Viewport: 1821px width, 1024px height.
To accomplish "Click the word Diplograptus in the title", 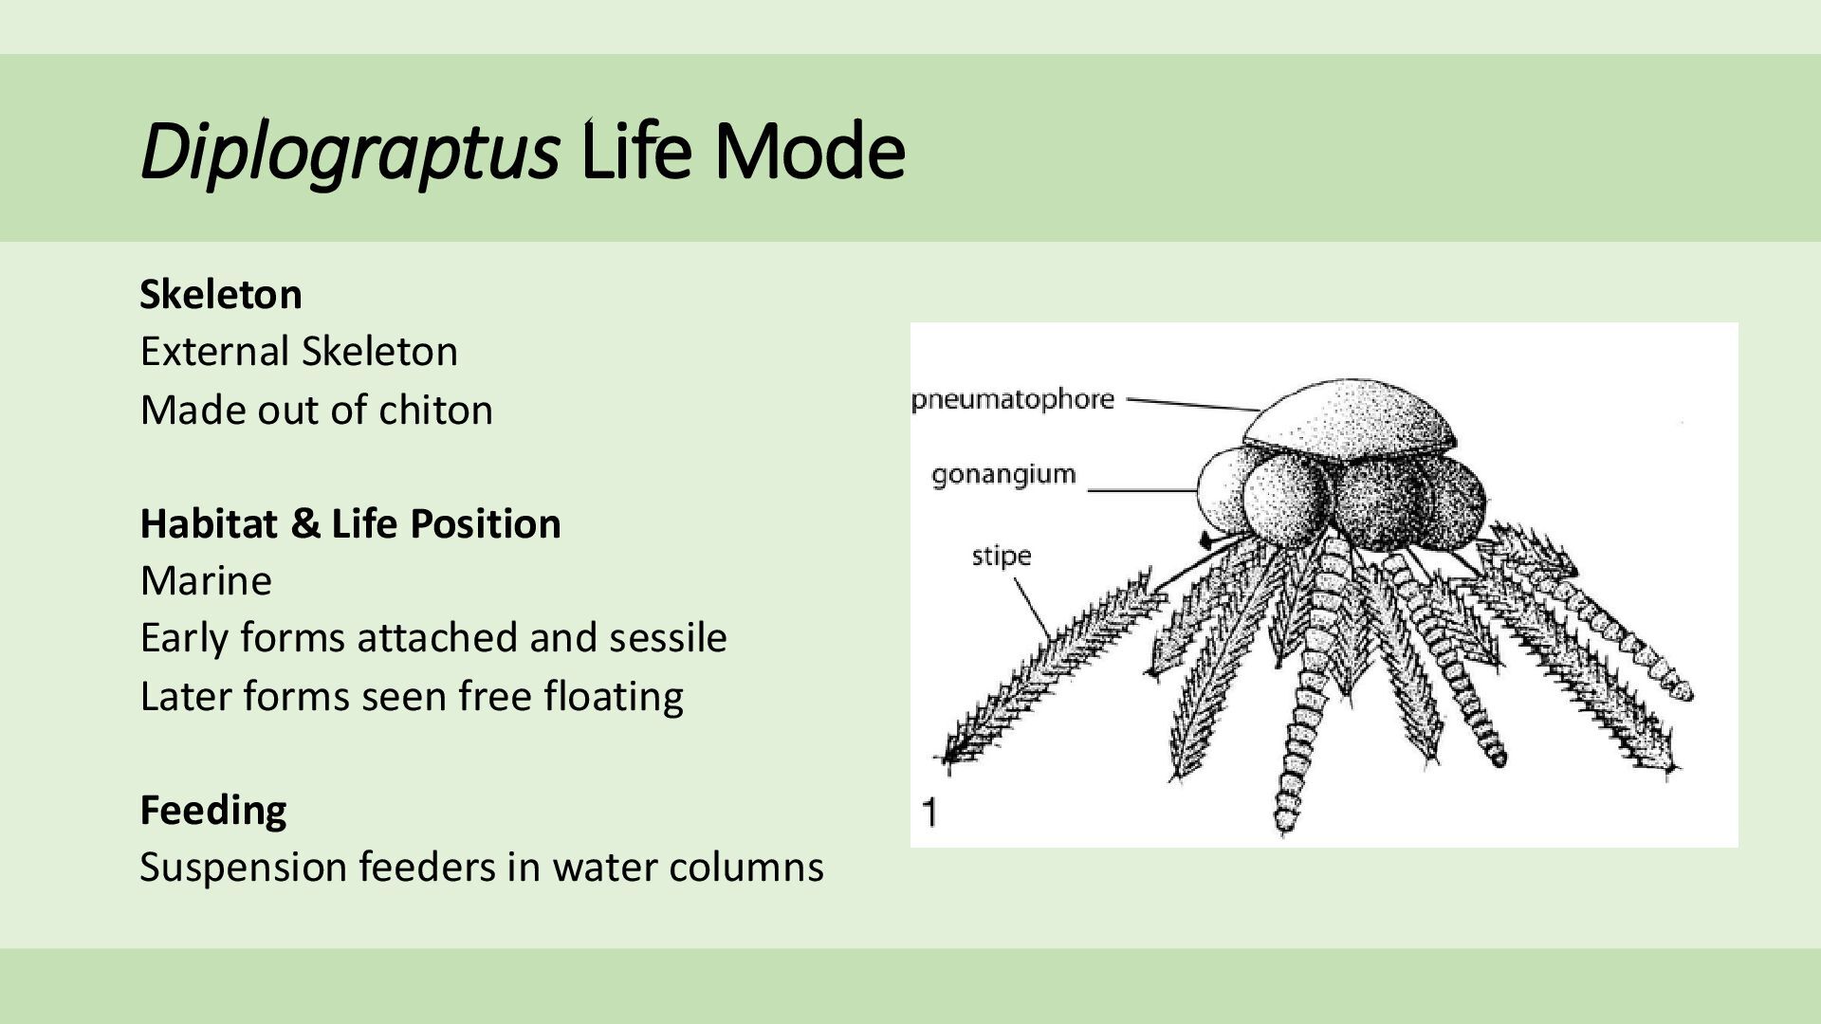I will [349, 152].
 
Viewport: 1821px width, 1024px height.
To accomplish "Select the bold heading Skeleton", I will [221, 295].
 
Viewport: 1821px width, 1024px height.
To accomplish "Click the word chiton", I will [435, 411].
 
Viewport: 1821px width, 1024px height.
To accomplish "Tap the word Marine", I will [206, 580].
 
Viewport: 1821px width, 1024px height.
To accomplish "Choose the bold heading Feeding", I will [213, 811].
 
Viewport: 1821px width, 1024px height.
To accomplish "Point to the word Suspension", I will [243, 868].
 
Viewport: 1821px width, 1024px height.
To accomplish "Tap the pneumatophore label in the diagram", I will [1013, 399].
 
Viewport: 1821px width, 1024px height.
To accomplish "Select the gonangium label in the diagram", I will [1003, 474].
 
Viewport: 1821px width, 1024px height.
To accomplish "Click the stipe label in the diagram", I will [1001, 556].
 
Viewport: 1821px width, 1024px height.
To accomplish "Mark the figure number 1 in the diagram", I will [930, 813].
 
